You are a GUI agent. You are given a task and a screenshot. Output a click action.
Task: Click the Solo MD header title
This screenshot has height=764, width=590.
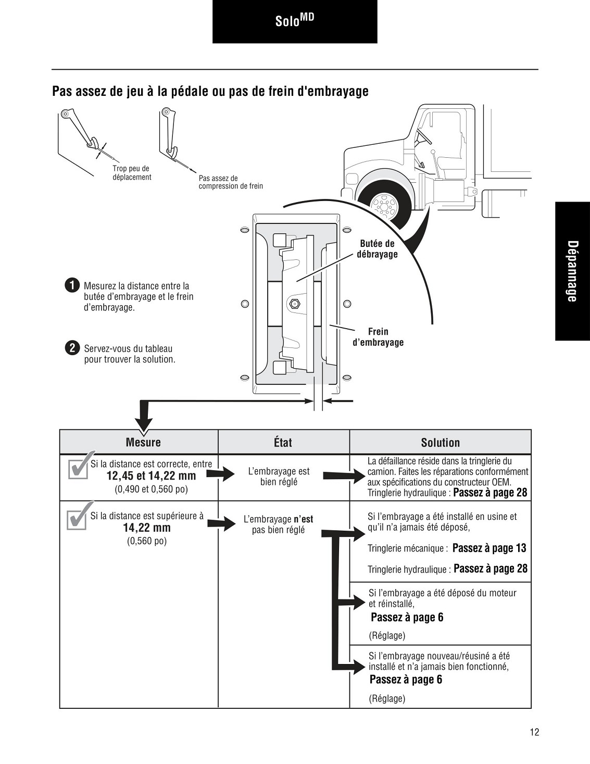(294, 20)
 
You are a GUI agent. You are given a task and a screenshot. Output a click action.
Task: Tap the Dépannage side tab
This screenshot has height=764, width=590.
(572, 271)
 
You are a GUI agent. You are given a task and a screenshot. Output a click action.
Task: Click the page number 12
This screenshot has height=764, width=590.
(534, 732)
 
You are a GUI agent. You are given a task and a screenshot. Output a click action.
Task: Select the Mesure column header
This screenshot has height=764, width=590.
(143, 442)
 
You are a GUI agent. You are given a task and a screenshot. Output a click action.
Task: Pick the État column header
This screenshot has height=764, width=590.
(283, 442)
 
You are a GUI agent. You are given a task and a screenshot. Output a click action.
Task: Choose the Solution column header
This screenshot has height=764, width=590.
(441, 442)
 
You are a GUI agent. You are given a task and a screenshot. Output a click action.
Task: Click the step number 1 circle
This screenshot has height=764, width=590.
(72, 285)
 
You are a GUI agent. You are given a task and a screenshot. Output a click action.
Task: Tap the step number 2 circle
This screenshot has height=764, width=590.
(72, 348)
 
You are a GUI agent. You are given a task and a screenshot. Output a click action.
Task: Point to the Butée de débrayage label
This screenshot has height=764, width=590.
(377, 249)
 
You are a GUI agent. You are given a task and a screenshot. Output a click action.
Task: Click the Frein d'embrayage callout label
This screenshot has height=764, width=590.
(378, 337)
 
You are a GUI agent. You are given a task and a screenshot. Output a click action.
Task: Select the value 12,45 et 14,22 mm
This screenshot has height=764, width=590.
(151, 476)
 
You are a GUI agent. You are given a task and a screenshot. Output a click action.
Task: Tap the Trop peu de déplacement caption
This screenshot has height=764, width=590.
(132, 173)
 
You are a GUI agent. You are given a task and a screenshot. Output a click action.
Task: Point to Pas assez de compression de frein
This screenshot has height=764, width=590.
(231, 182)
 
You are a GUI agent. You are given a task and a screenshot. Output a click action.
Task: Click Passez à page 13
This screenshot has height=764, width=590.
(489, 548)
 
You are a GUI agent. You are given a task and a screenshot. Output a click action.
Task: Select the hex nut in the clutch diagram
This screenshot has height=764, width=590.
(293, 303)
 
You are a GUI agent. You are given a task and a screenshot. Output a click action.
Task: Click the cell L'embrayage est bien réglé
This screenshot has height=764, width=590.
(279, 477)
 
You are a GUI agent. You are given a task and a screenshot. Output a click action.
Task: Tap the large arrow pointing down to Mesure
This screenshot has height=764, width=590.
(144, 417)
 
